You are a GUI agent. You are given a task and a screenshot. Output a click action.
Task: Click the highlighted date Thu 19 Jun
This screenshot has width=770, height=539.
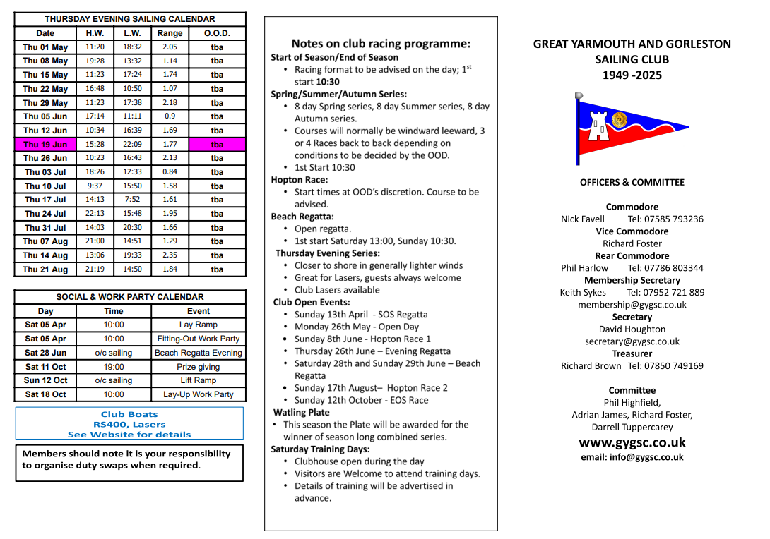click(x=45, y=145)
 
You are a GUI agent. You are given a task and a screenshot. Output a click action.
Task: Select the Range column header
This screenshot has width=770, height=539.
click(x=170, y=33)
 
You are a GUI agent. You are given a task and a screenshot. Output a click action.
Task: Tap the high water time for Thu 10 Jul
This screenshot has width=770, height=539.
click(x=95, y=186)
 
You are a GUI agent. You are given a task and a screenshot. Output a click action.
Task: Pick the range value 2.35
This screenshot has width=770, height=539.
click(x=170, y=255)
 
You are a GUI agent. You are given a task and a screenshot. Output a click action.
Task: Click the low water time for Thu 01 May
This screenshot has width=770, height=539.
click(x=132, y=47)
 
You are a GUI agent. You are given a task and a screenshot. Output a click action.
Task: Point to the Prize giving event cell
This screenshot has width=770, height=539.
click(x=199, y=367)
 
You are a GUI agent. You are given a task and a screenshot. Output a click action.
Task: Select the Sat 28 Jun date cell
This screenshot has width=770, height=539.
click(x=45, y=353)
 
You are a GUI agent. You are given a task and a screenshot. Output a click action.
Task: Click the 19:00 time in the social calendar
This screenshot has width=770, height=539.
click(x=114, y=367)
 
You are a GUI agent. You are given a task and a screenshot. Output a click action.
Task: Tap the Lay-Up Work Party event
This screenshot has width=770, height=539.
click(x=199, y=394)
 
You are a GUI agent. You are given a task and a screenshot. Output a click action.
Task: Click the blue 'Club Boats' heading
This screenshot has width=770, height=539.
click(x=129, y=415)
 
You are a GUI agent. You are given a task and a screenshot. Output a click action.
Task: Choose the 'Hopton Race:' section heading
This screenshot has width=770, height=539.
click(x=300, y=180)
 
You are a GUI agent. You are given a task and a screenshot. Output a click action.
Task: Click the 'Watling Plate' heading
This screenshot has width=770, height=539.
click(x=302, y=412)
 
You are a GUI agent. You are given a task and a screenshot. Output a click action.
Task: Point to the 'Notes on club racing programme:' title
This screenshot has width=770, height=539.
click(x=381, y=44)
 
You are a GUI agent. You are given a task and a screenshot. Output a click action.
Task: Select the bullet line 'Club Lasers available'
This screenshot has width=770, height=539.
click(x=337, y=290)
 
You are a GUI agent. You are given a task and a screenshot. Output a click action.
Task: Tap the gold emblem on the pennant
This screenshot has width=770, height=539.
click(x=620, y=120)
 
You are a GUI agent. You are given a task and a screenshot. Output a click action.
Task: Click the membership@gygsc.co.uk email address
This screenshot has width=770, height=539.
click(x=632, y=305)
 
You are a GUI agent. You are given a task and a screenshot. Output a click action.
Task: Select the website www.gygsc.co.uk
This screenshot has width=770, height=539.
click(x=632, y=443)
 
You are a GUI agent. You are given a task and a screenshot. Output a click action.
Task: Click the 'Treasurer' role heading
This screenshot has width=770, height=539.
click(x=632, y=353)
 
